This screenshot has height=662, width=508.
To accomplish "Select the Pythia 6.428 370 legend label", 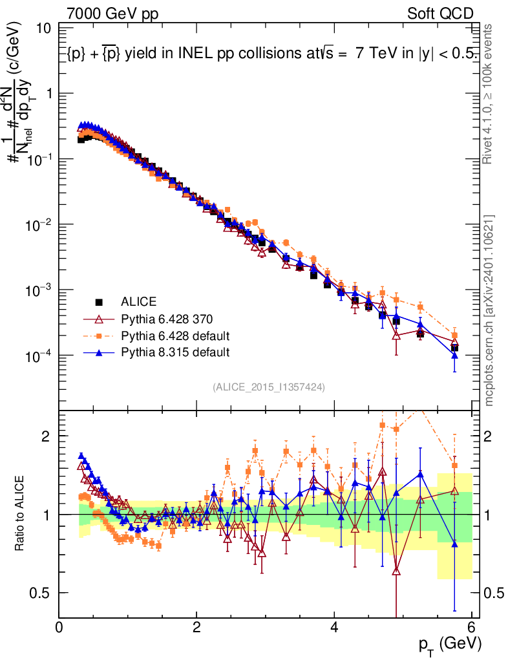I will [166, 319].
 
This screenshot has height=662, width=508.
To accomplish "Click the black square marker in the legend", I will [100, 302].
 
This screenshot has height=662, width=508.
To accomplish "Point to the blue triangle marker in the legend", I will [100, 352].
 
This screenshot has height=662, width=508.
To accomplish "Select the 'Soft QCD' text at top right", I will [440, 13].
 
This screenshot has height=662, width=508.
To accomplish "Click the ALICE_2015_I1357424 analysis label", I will [268, 387].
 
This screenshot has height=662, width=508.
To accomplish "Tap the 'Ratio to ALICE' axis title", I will [21, 512].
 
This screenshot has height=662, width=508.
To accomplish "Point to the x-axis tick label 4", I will [334, 627].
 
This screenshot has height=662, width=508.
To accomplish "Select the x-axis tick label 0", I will [59, 627].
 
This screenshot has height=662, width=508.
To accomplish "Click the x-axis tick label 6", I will [472, 627].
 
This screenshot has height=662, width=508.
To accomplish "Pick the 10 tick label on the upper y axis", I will [44, 28].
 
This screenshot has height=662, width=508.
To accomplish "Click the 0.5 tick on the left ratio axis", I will [43, 593].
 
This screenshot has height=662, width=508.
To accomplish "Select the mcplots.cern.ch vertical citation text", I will [489, 310].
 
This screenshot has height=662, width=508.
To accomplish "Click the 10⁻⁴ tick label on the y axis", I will [39, 356].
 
